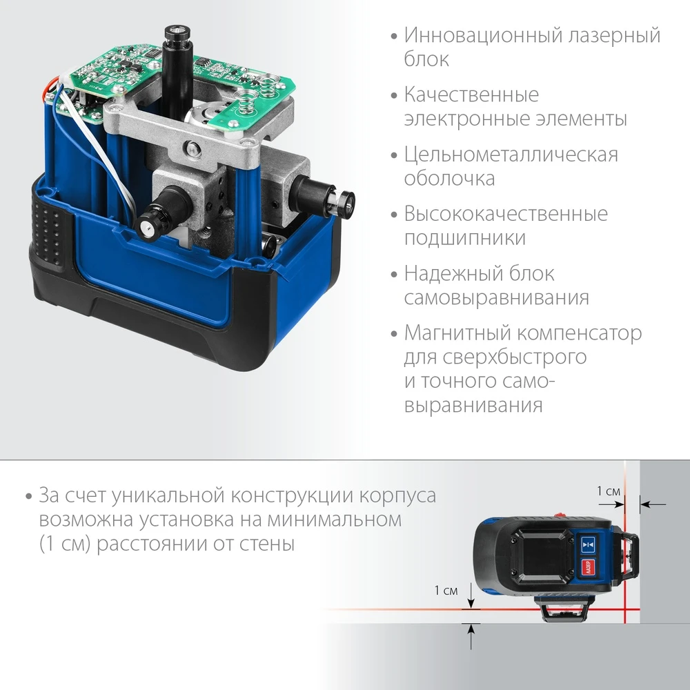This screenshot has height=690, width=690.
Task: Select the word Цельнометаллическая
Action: (511, 154)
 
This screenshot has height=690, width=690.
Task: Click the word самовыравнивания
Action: (496, 298)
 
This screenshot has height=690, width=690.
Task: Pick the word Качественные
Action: (471, 95)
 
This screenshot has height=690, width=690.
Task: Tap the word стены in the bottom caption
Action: (265, 544)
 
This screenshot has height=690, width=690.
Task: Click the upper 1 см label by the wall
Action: (608, 491)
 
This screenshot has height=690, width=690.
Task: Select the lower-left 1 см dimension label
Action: (446, 591)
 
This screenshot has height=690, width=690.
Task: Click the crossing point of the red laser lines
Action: (627, 611)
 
